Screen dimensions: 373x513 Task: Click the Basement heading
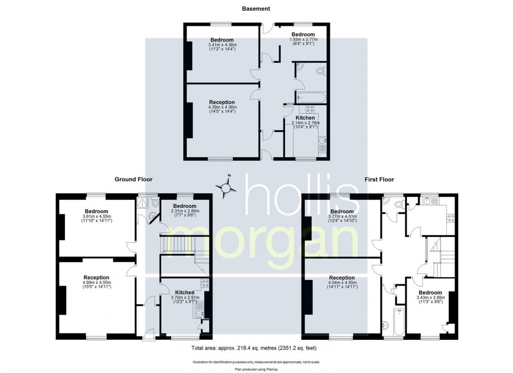click(256, 8)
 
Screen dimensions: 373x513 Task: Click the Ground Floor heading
click(134, 179)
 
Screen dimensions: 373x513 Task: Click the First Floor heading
click(380, 179)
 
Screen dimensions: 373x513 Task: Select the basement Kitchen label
click(305, 117)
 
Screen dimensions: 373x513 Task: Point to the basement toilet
click(320, 71)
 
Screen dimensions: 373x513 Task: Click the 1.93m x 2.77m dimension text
click(303, 40)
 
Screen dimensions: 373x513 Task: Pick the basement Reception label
click(222, 102)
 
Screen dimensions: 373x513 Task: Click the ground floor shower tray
click(143, 202)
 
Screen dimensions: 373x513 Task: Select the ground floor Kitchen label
click(185, 292)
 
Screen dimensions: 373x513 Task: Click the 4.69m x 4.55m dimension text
click(97, 283)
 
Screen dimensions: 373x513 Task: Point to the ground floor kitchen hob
click(204, 283)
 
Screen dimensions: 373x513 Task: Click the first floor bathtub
click(398, 322)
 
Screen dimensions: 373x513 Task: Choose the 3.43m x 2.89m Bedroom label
click(430, 292)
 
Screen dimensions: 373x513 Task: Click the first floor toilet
click(397, 204)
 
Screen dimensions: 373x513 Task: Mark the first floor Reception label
click(342, 277)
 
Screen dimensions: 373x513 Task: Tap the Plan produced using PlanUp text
click(256, 368)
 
